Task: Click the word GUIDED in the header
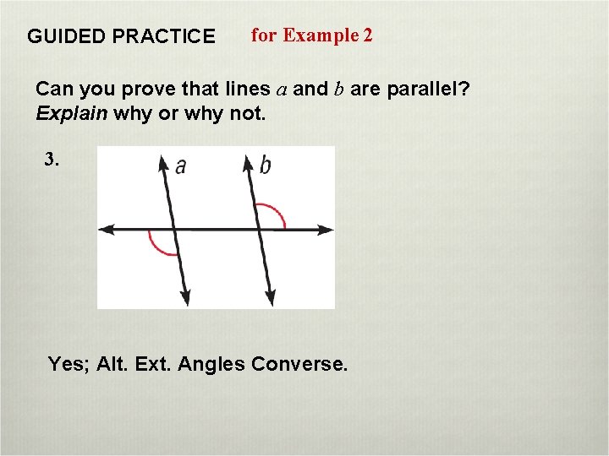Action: (62, 36)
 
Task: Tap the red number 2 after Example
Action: (367, 35)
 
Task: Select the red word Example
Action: (321, 35)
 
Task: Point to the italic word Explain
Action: (71, 113)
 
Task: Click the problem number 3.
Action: (52, 160)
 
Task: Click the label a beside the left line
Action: (180, 166)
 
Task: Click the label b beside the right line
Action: (265, 166)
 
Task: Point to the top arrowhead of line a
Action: (163, 161)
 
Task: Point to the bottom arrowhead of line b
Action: (270, 298)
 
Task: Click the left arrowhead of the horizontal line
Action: (105, 229)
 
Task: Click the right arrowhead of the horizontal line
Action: (327, 229)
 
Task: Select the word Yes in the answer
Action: (63, 364)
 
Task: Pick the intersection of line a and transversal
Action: (173, 229)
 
